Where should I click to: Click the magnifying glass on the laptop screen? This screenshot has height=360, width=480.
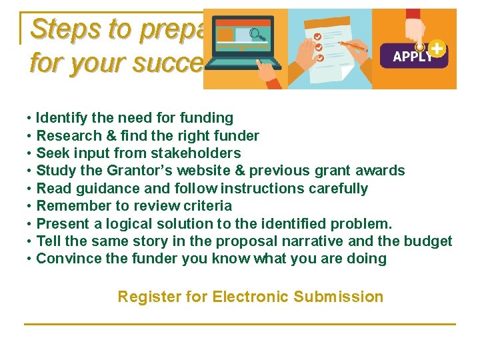[x=256, y=33]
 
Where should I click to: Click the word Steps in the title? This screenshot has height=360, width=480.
[x=61, y=29]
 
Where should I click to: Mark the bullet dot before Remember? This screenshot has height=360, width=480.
[x=30, y=206]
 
